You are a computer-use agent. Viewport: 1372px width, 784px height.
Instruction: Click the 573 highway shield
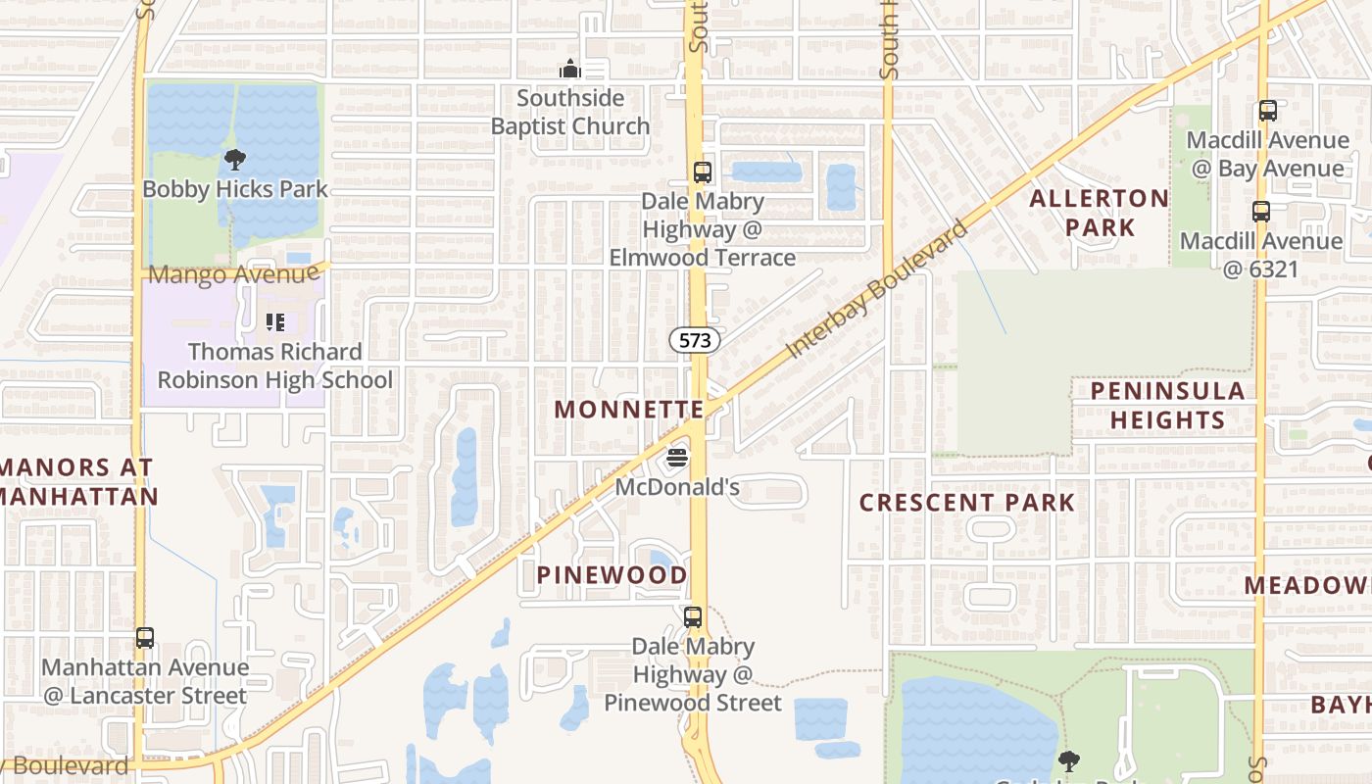695,340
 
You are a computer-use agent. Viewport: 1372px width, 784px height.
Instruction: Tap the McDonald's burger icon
676,458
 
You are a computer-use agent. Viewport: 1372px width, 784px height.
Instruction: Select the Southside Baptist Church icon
569,70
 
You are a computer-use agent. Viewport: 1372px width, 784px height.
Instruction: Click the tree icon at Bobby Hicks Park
234,160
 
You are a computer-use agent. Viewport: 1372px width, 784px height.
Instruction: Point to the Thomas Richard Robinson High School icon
275,321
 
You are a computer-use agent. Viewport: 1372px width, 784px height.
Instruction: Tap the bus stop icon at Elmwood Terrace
702,172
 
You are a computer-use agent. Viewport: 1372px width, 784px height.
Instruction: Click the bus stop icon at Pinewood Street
693,617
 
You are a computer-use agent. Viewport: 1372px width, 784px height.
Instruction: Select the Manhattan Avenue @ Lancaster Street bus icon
145,638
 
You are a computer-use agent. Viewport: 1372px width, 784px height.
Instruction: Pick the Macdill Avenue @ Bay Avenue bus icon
1268,111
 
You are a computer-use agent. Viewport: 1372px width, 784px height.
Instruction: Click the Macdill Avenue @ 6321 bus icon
1261,211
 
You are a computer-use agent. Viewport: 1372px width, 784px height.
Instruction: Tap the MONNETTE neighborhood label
629,410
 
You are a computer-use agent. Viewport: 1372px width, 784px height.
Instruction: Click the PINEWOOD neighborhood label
612,575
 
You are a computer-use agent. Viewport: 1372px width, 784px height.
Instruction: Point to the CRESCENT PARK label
967,503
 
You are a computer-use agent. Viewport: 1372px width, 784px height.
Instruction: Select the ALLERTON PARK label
1099,213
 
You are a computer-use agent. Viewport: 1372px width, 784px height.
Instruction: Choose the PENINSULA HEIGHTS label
1167,405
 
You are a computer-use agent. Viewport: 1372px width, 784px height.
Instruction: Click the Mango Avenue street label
233,274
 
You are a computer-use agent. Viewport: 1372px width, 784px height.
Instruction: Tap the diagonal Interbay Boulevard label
877,287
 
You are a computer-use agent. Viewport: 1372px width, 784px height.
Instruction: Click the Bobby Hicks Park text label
235,189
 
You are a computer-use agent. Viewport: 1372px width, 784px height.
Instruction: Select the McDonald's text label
676,487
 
